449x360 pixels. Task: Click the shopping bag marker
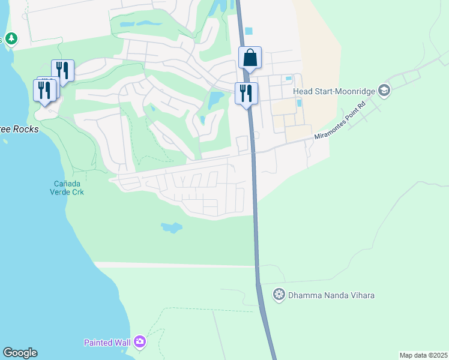(x=250, y=59)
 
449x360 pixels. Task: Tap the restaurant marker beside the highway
(x=246, y=94)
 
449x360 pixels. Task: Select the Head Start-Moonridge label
(x=334, y=91)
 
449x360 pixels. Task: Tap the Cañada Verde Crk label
(x=67, y=188)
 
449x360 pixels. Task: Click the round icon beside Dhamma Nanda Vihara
(x=279, y=295)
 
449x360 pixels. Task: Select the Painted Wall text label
(x=107, y=343)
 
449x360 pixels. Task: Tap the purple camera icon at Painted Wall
(x=140, y=342)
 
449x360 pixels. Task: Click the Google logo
(x=20, y=353)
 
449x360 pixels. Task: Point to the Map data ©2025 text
(x=423, y=355)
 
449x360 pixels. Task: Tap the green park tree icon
(x=11, y=39)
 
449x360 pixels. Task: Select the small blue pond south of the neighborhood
(x=171, y=227)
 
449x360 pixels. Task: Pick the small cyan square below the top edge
(x=249, y=31)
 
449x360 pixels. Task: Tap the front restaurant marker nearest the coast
(x=44, y=91)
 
